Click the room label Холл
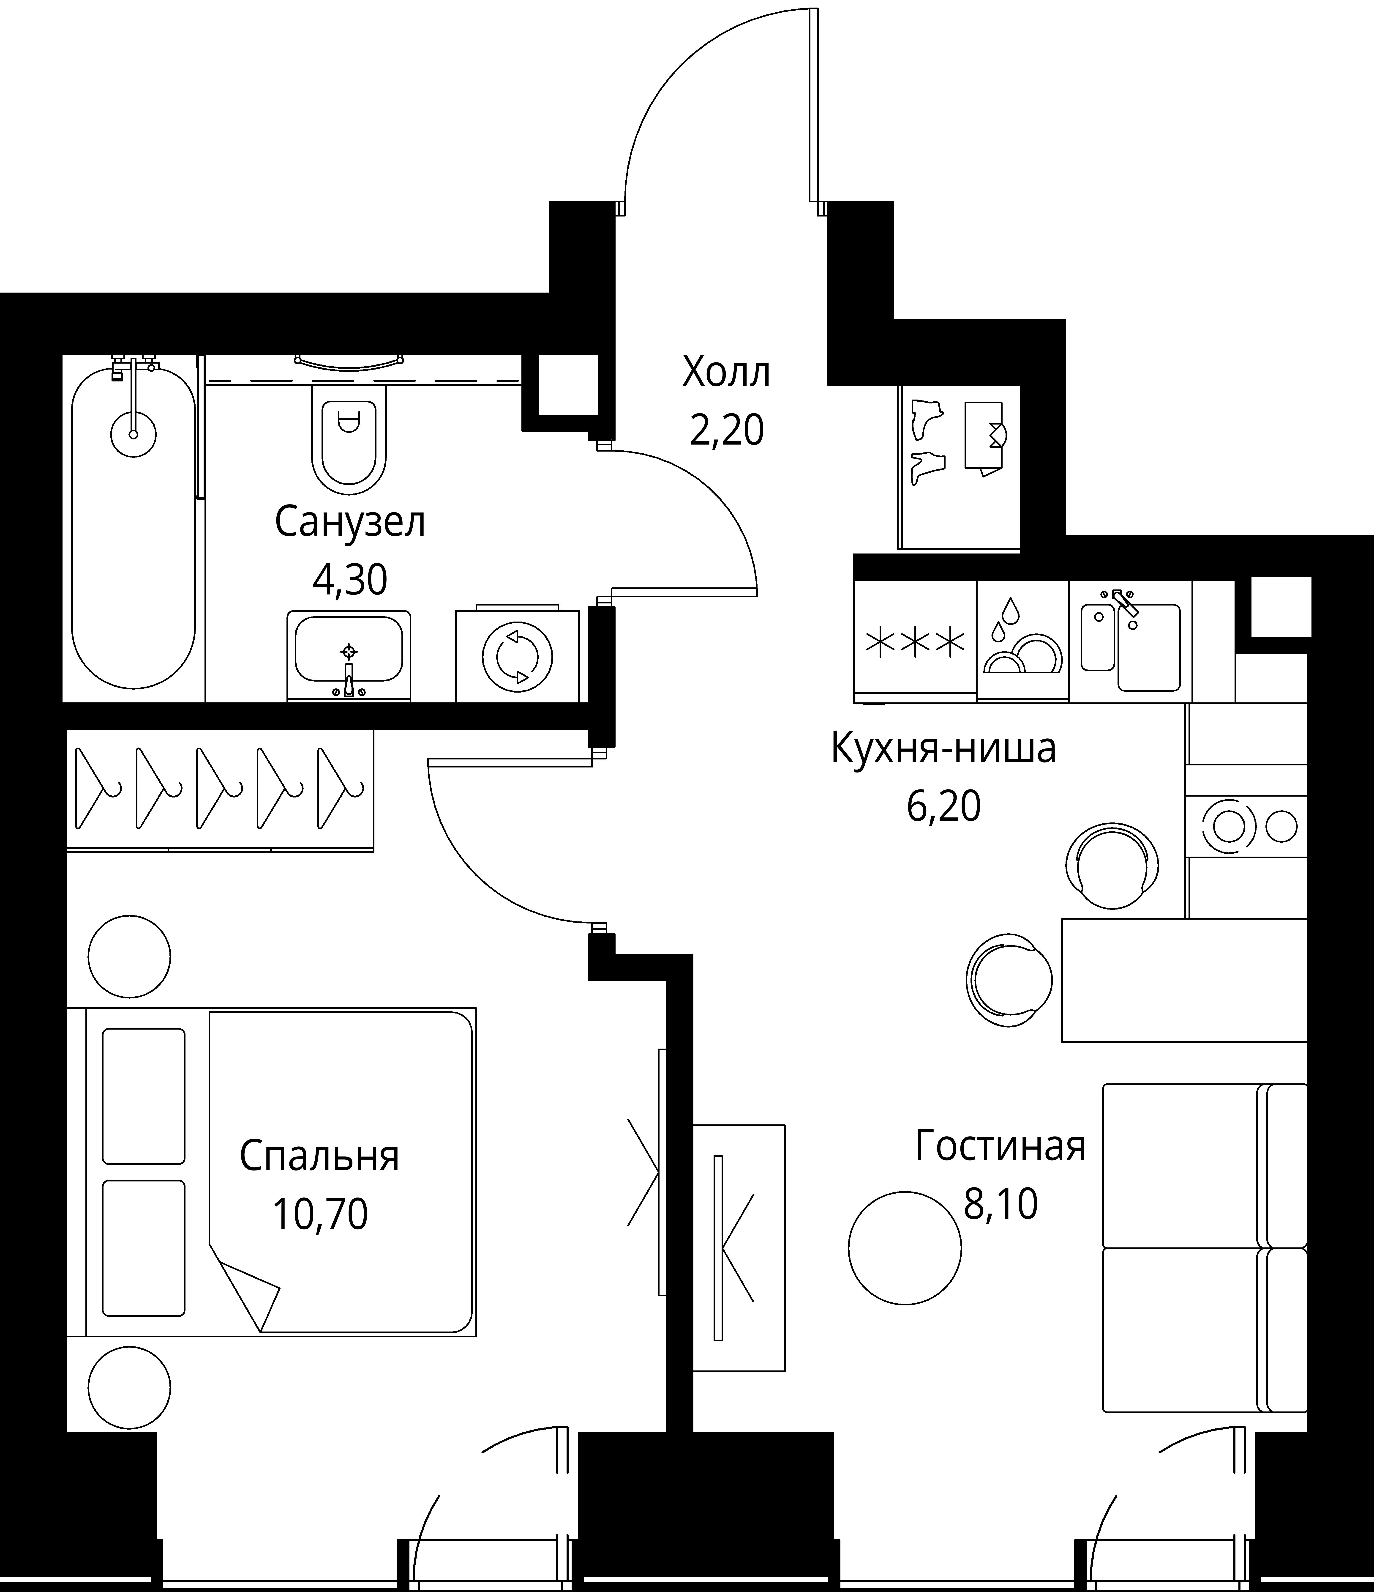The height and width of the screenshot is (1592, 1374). pyautogui.click(x=726, y=373)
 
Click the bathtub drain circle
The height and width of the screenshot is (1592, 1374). pyautogui.click(x=134, y=434)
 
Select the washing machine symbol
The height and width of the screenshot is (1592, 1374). pyautogui.click(x=517, y=657)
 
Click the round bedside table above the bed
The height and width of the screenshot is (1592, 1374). pyautogui.click(x=129, y=956)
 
